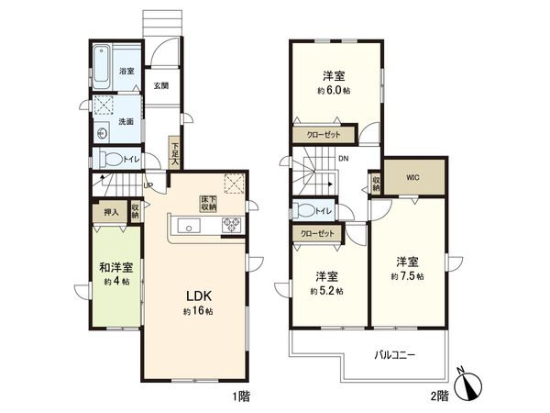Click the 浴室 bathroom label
127,71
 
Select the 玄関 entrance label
160,85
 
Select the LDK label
201,296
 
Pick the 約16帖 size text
200,312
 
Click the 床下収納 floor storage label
210,203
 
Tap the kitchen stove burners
229,226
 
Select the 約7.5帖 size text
408,274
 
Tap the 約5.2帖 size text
327,290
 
